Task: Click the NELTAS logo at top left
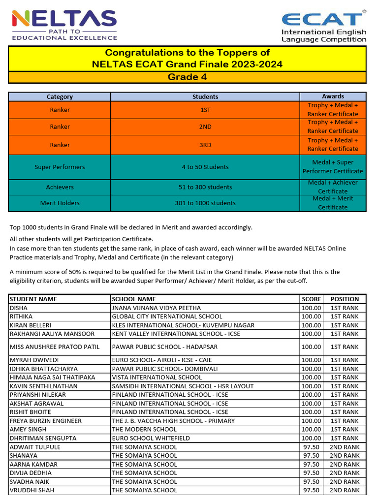pos(64,25)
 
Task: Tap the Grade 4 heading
pos(187,77)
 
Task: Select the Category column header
pos(60,97)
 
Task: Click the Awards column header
pos(333,96)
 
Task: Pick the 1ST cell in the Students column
pos(205,110)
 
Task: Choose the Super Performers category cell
pos(60,167)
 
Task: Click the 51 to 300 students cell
pos(205,187)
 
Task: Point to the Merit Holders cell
pos(60,203)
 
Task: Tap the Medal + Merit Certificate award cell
pos(333,203)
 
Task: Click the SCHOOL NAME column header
pos(134,299)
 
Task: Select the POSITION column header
pos(345,299)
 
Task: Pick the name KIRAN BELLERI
pos(31,325)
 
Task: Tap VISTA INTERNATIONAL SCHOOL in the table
pos(157,378)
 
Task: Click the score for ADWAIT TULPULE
pos(311,447)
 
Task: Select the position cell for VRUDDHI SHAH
pos(345,490)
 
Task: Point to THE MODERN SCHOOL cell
pos(144,430)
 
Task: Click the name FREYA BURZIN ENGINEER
pos(46,421)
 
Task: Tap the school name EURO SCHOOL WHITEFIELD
pos(151,438)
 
